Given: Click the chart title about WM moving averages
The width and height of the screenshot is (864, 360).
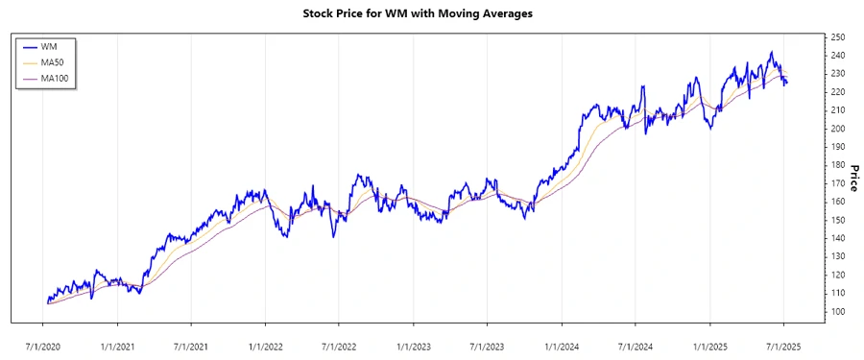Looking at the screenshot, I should click(431, 14).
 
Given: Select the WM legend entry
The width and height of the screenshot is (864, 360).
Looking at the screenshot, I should click(49, 46).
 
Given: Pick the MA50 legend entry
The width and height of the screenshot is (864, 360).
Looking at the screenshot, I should click(54, 62).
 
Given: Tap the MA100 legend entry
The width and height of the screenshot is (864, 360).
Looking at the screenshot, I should click(56, 78).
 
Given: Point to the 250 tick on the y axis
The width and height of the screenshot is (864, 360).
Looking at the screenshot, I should click(837, 37).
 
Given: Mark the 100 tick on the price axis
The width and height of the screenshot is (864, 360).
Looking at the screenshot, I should click(837, 311).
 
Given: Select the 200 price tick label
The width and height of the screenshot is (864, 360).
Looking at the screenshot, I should click(837, 129).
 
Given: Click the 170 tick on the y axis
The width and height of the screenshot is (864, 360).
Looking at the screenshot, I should click(837, 183).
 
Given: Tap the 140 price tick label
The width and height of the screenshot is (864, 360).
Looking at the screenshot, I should click(837, 238).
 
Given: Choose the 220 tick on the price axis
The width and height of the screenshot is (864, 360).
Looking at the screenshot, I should click(837, 92).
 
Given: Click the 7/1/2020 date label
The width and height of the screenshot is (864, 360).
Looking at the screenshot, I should click(45, 343).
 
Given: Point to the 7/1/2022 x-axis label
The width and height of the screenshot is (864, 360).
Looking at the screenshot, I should click(339, 343).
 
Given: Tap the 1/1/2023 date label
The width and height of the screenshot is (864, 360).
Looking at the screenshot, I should click(414, 343).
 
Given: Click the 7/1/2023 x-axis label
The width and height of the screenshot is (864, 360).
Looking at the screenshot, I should click(487, 343).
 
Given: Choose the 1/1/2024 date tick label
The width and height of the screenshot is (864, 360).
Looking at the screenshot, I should click(562, 343).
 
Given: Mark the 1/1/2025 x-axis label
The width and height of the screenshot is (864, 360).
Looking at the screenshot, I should click(709, 343).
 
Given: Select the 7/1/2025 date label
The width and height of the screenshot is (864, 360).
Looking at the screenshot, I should click(782, 343).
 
